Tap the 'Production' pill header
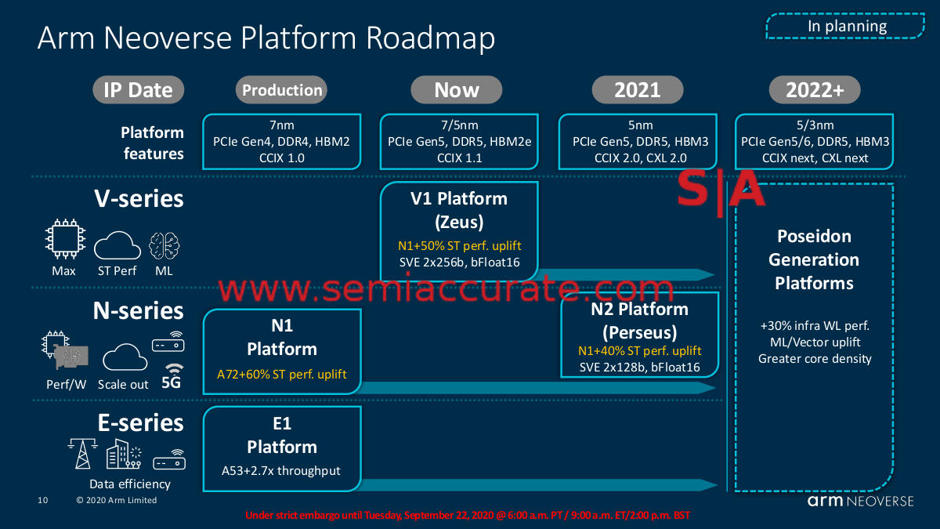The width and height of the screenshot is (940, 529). (281, 90)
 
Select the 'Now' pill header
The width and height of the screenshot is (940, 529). (456, 90)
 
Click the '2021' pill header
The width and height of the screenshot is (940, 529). (638, 90)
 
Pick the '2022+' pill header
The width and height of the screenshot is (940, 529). (815, 90)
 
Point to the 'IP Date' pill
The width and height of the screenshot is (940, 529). (138, 90)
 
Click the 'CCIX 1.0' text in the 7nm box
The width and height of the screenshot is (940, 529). (281, 158)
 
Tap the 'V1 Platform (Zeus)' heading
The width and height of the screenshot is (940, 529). (459, 210)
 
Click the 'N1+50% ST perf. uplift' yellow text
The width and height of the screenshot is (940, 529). (460, 245)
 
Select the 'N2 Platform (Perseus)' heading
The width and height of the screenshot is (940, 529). (639, 321)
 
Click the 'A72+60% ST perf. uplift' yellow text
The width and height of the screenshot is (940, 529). (281, 374)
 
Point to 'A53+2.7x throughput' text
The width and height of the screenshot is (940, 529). (280, 471)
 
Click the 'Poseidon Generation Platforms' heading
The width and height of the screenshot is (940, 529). (814, 259)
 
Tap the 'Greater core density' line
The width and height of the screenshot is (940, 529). (815, 359)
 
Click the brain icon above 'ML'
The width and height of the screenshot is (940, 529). (164, 245)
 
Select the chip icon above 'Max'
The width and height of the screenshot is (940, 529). (65, 238)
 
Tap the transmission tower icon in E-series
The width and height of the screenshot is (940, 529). (83, 454)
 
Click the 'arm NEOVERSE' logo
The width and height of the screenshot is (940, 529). (861, 501)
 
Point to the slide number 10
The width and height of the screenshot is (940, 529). (43, 500)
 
